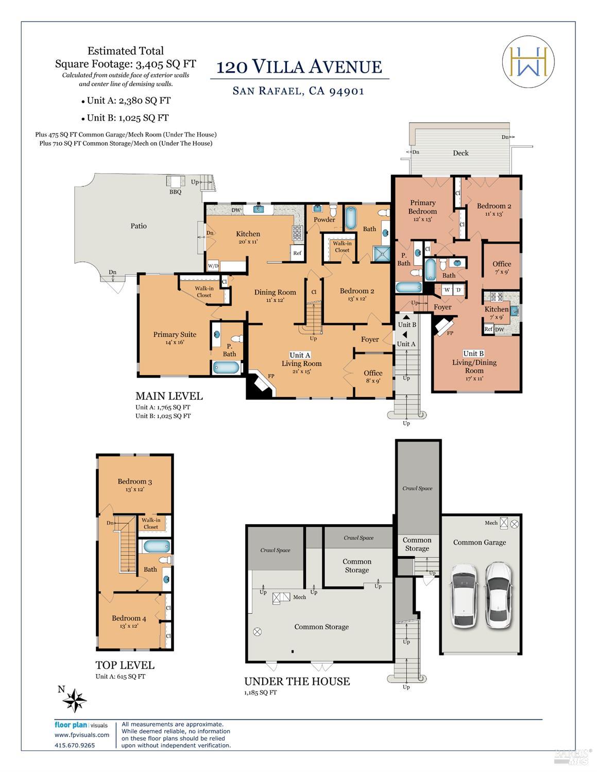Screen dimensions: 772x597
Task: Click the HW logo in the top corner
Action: point(528,62)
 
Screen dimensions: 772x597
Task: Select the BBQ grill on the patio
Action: point(176,182)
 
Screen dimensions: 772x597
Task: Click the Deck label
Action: point(460,153)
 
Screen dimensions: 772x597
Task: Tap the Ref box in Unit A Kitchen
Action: point(297,253)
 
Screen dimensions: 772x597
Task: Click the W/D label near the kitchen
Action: point(213,266)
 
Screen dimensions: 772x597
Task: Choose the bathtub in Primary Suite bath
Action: point(226,368)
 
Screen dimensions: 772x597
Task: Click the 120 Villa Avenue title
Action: point(299,67)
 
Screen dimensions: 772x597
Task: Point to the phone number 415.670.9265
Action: point(75,745)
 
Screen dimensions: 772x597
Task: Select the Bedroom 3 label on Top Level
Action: point(134,482)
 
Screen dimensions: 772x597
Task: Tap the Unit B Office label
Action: point(501,264)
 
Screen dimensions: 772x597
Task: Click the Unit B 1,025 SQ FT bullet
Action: point(127,117)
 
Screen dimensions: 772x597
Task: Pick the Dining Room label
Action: point(275,292)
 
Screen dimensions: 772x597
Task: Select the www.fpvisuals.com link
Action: point(82,735)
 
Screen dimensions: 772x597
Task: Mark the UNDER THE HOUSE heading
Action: point(297,681)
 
